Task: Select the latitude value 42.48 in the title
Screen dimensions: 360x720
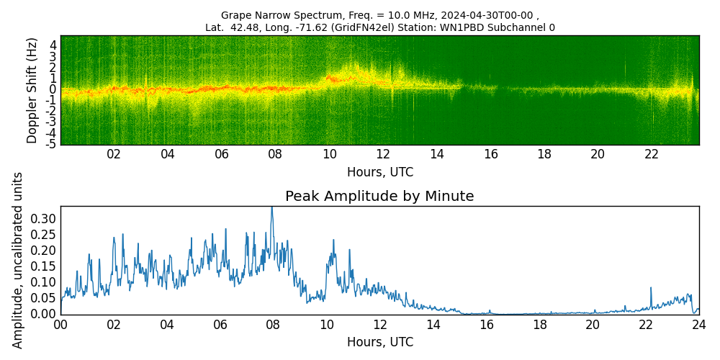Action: (x=241, y=28)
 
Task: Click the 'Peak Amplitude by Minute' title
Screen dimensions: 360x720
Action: (x=379, y=197)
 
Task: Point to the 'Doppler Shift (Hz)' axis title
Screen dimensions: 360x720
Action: (x=32, y=90)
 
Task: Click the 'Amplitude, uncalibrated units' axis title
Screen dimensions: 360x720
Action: (x=18, y=260)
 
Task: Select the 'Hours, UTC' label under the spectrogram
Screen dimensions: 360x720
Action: (x=379, y=173)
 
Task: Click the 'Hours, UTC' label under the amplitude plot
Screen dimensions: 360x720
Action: (x=379, y=342)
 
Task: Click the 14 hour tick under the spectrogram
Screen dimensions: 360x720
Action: (x=437, y=154)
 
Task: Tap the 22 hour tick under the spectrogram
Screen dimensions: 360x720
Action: (x=652, y=154)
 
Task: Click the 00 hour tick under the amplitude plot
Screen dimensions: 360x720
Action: (x=60, y=324)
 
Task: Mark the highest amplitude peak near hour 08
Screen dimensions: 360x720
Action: (x=271, y=207)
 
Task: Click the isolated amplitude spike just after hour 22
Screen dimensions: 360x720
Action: (x=651, y=288)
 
